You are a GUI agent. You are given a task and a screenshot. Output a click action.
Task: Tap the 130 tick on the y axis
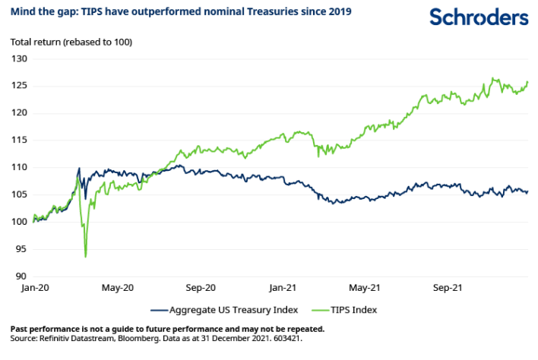point(19,58)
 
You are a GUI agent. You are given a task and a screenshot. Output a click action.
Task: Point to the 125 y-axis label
point(19,86)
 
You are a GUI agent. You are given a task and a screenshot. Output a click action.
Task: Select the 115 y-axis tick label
point(19,140)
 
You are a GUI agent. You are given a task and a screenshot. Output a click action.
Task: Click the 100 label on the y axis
point(19,222)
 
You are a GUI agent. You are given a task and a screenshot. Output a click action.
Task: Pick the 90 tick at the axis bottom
point(21,276)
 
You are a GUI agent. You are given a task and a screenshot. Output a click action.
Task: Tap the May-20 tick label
point(117,288)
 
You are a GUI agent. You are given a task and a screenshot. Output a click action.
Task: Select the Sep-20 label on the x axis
point(201,288)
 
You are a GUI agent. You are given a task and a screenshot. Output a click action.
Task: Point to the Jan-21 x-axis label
point(283,288)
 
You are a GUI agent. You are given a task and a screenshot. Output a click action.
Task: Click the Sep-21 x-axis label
point(447,288)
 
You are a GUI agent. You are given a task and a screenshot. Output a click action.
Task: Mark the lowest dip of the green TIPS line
point(85,257)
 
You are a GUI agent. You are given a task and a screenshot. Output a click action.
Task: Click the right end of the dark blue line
point(527,191)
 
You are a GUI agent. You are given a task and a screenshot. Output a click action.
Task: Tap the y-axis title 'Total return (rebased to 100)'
point(71,42)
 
